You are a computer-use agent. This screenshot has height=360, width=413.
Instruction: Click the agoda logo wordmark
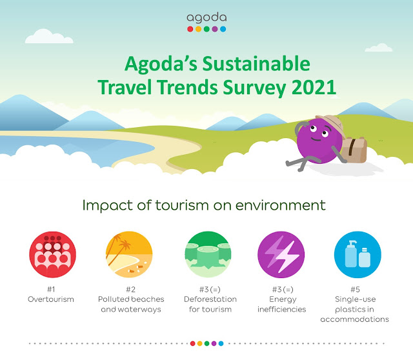[206, 18]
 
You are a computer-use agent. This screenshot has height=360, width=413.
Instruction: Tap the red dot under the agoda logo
[190, 29]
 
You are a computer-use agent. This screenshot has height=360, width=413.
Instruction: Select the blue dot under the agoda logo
[223, 29]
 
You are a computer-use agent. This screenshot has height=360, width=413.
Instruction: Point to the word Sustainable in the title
[256, 64]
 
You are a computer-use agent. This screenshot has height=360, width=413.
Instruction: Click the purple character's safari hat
[331, 125]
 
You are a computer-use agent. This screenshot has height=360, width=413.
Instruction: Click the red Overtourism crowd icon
[52, 254]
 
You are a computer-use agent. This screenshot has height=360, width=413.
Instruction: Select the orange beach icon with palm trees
[129, 254]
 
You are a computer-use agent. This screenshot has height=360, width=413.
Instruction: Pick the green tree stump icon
[208, 254]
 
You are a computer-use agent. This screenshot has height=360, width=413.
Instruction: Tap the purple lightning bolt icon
[281, 254]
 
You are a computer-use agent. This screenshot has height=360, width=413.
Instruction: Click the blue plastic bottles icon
[358, 254]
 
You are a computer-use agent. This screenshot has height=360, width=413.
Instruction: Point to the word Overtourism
[51, 299]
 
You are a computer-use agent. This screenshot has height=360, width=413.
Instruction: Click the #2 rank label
[130, 290]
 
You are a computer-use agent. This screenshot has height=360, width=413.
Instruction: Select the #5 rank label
[355, 290]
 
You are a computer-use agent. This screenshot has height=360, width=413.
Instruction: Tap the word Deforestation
[210, 299]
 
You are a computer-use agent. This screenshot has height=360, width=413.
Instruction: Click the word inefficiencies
[282, 309]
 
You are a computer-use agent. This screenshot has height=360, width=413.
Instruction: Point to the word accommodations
[354, 319]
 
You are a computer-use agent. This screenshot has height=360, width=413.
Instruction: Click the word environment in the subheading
[281, 205]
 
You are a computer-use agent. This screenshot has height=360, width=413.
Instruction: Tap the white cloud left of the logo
[49, 36]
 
